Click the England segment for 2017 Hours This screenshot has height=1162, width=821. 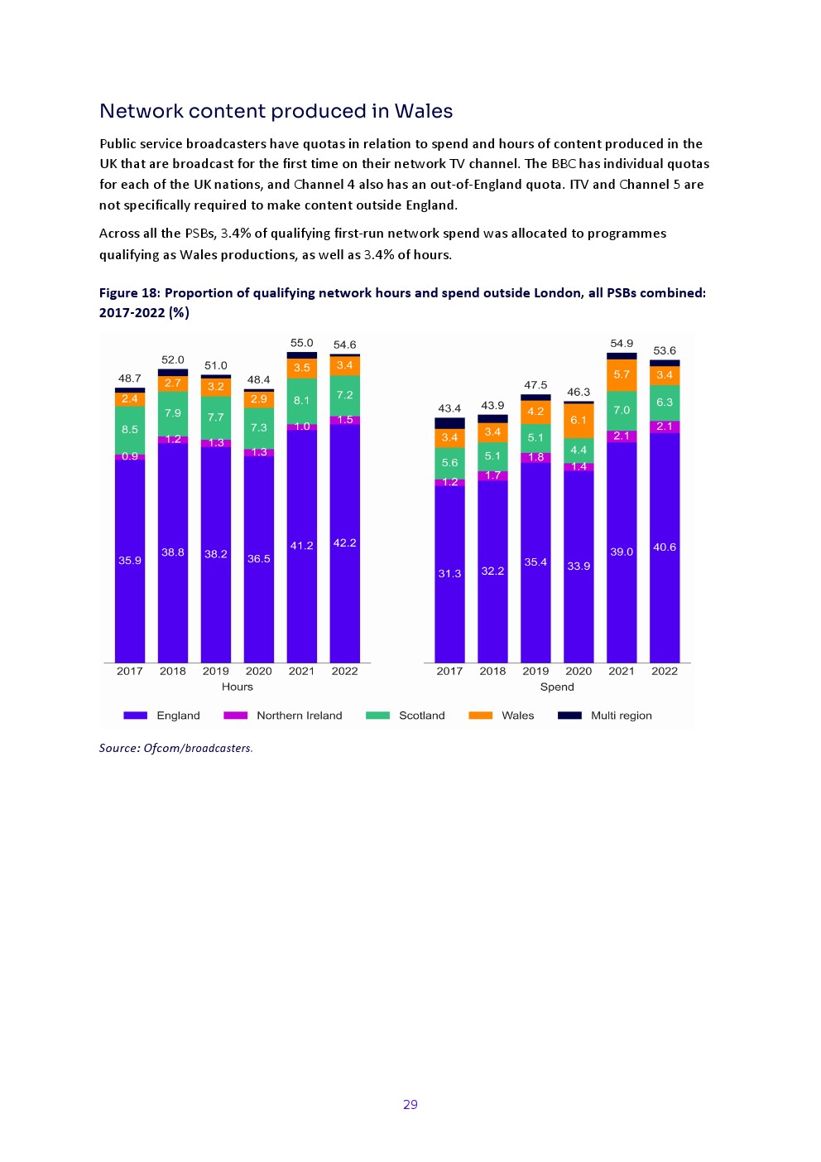(x=130, y=560)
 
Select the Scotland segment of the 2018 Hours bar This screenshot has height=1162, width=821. (x=173, y=413)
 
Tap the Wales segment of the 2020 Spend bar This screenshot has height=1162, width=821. (x=579, y=420)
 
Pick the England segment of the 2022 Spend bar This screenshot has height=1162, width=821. (x=665, y=547)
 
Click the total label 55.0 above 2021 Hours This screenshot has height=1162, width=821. (x=302, y=343)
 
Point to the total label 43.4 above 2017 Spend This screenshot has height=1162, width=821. (x=449, y=408)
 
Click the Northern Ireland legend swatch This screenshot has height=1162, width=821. (x=235, y=716)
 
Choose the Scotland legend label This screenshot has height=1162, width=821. (x=421, y=716)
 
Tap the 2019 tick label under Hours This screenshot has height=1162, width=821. (x=216, y=671)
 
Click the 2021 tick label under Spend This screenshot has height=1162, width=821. (x=622, y=671)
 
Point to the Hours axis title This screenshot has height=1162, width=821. (x=238, y=687)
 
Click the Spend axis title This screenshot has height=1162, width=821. (x=557, y=687)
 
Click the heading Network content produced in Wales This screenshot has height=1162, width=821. (x=276, y=111)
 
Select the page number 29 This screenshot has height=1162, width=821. (x=410, y=1104)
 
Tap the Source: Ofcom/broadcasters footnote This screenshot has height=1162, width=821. (x=175, y=748)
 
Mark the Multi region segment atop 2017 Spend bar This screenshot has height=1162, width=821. (x=449, y=423)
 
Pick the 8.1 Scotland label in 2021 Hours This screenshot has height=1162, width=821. (x=302, y=400)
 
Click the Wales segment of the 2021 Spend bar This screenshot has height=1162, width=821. (x=622, y=374)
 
